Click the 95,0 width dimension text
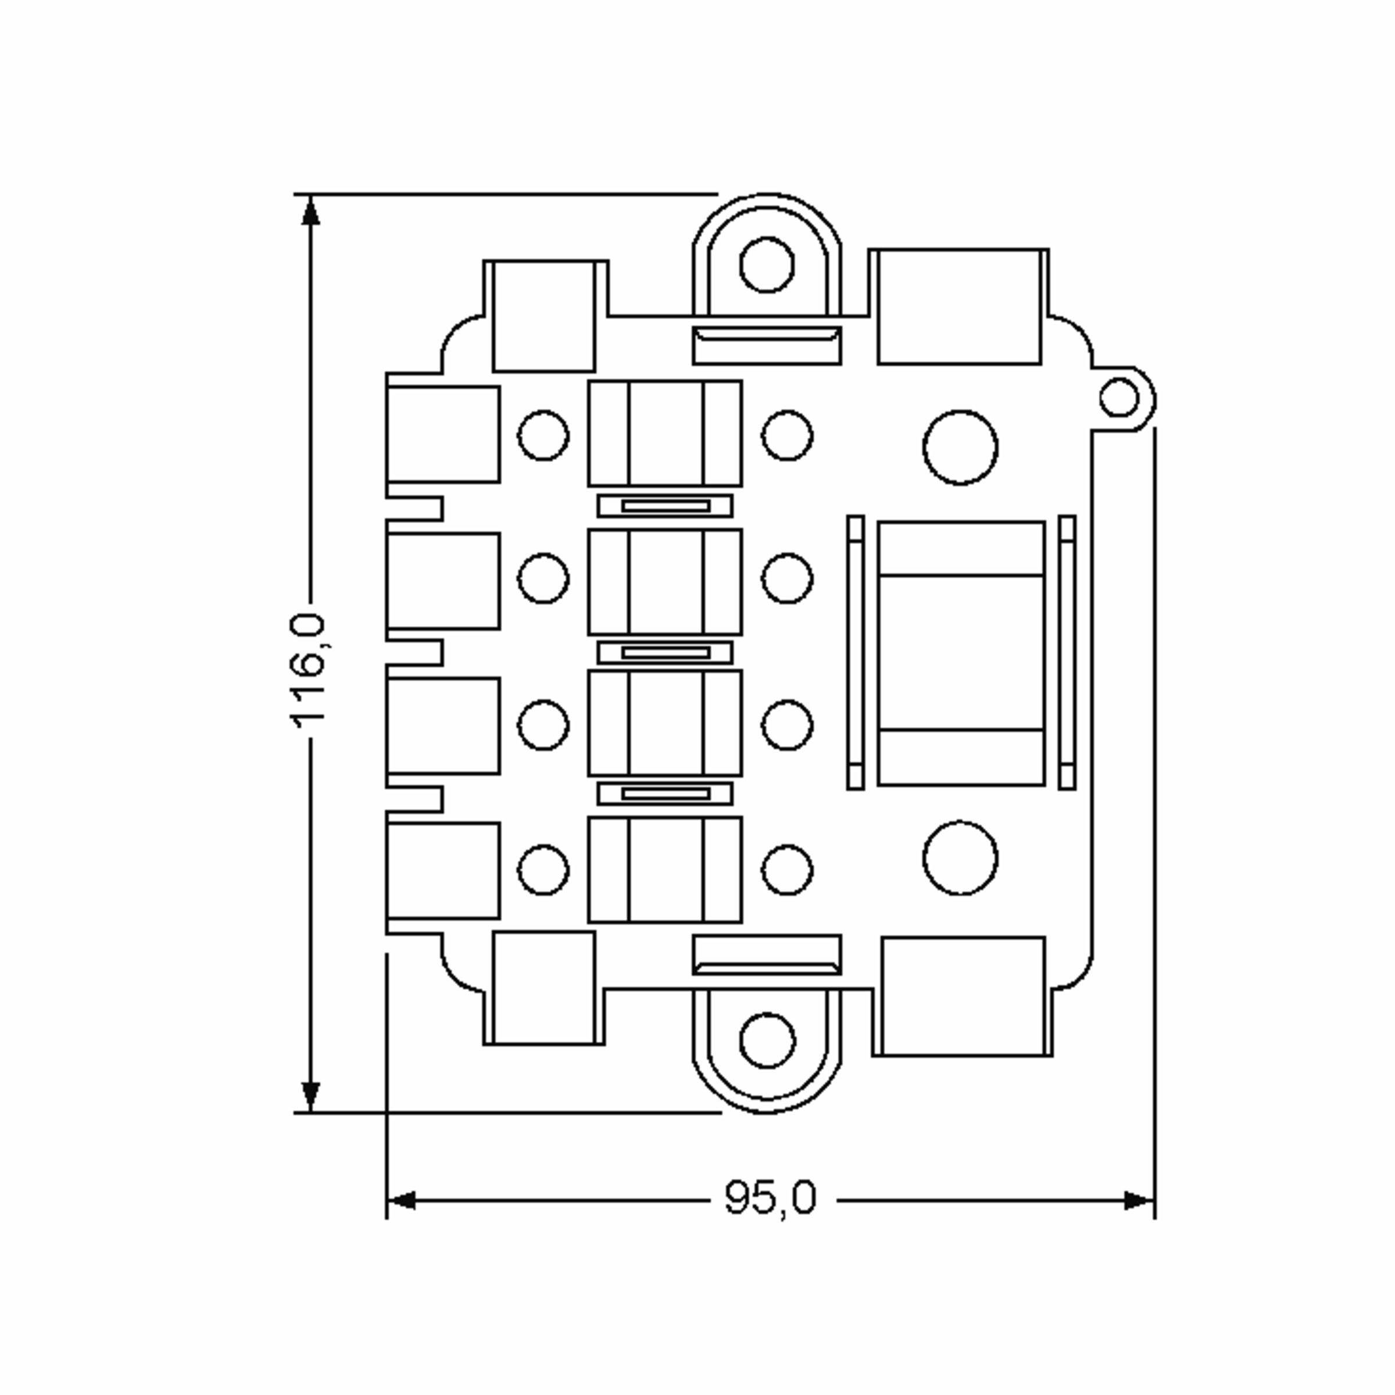(x=770, y=1198)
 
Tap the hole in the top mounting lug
(x=767, y=265)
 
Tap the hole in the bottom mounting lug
(x=767, y=1040)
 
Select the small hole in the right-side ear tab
(x=1119, y=397)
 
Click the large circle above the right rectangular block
(x=960, y=448)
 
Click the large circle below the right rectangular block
(x=960, y=858)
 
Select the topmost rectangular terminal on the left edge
(x=442, y=434)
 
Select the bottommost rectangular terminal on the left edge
(x=442, y=871)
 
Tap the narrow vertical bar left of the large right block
(x=856, y=653)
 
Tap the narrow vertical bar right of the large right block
(x=1067, y=653)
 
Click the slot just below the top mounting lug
(x=767, y=345)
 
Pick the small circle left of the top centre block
(x=543, y=435)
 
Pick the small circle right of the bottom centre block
(x=787, y=870)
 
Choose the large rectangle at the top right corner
(x=959, y=307)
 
